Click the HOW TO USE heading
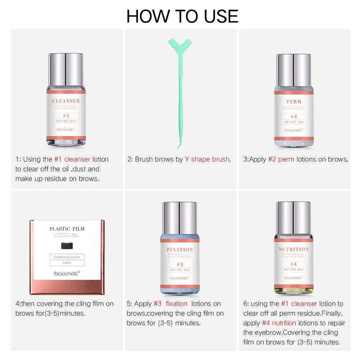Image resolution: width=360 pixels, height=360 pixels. (x=182, y=16)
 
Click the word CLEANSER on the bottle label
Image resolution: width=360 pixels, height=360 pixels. (x=66, y=101)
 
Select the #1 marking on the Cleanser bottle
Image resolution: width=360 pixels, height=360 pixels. (x=66, y=116)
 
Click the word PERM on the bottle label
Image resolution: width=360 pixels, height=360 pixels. (x=294, y=102)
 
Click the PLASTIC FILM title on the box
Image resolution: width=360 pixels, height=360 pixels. (x=67, y=229)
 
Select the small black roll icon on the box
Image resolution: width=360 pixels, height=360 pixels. (x=67, y=246)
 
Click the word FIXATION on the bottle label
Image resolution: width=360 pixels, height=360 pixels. (x=180, y=249)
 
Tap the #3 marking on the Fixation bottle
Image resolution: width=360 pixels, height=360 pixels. (x=180, y=264)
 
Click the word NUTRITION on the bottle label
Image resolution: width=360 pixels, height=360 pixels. (x=293, y=249)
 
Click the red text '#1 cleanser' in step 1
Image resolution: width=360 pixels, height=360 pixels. (x=72, y=159)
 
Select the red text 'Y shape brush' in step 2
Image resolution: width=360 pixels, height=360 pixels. (x=207, y=159)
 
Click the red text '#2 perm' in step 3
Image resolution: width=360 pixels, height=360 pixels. (x=281, y=159)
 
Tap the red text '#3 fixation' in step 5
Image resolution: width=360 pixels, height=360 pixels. (x=171, y=304)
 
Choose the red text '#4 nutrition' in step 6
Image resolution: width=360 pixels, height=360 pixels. (x=279, y=323)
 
